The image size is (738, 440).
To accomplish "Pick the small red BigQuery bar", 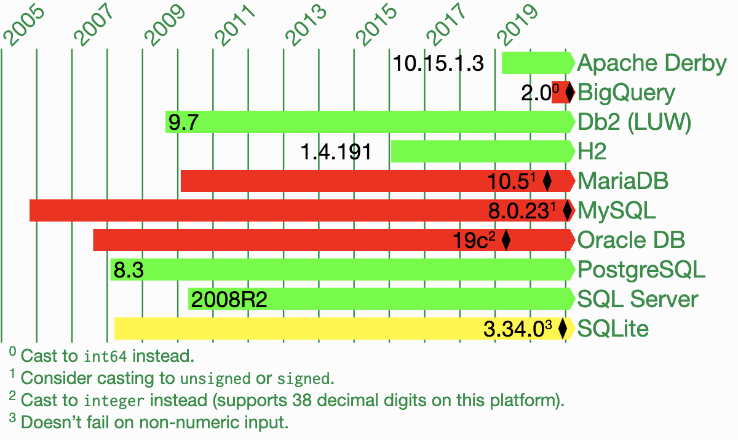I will (x=558, y=92).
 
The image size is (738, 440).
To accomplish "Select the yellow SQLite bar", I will (x=295, y=329).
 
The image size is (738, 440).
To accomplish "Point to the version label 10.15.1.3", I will (x=438, y=63).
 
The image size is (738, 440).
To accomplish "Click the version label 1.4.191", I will (x=336, y=151).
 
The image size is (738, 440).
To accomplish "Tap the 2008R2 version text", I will (x=229, y=300).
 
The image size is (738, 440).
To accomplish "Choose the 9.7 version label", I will (x=183, y=122).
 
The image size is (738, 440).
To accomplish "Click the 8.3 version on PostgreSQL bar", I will (x=129, y=270).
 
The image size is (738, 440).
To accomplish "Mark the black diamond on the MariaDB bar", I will (x=547, y=182).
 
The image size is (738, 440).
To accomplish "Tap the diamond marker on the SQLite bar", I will (x=562, y=329).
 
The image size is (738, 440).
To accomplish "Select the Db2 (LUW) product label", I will (x=634, y=122).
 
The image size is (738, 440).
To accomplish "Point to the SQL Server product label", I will (x=638, y=300).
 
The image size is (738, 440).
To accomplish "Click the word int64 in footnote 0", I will (x=106, y=356).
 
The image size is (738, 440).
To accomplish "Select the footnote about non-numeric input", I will (x=154, y=423).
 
